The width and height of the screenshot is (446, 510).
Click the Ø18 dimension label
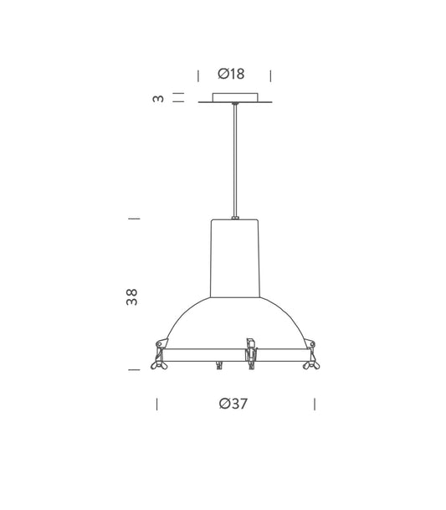231,74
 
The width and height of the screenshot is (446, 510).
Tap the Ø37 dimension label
233,404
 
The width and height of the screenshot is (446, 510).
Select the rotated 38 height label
131,296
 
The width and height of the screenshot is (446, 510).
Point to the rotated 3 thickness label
156,99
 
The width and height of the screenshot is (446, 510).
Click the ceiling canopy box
235,99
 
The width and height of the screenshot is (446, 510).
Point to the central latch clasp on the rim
249,355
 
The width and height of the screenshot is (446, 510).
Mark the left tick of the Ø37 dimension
156,404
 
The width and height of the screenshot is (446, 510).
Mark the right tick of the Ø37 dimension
315,404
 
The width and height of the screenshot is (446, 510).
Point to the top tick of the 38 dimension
133,219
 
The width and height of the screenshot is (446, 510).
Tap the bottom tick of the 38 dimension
133,368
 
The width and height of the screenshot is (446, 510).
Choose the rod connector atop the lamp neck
235,214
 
